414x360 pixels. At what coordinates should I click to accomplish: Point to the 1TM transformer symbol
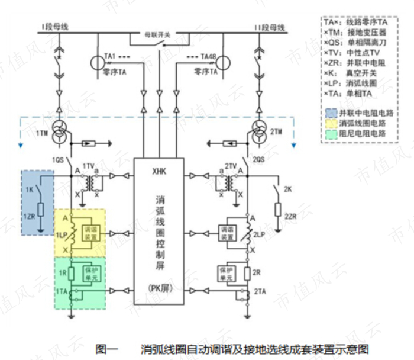pos(59,134)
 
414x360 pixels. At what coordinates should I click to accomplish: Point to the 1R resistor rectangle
pos(71,272)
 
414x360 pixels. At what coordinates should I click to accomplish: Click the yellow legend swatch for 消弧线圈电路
pos(330,123)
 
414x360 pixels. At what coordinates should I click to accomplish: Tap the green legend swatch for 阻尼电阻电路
pos(330,134)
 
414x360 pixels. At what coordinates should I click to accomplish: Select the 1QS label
pos(57,160)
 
